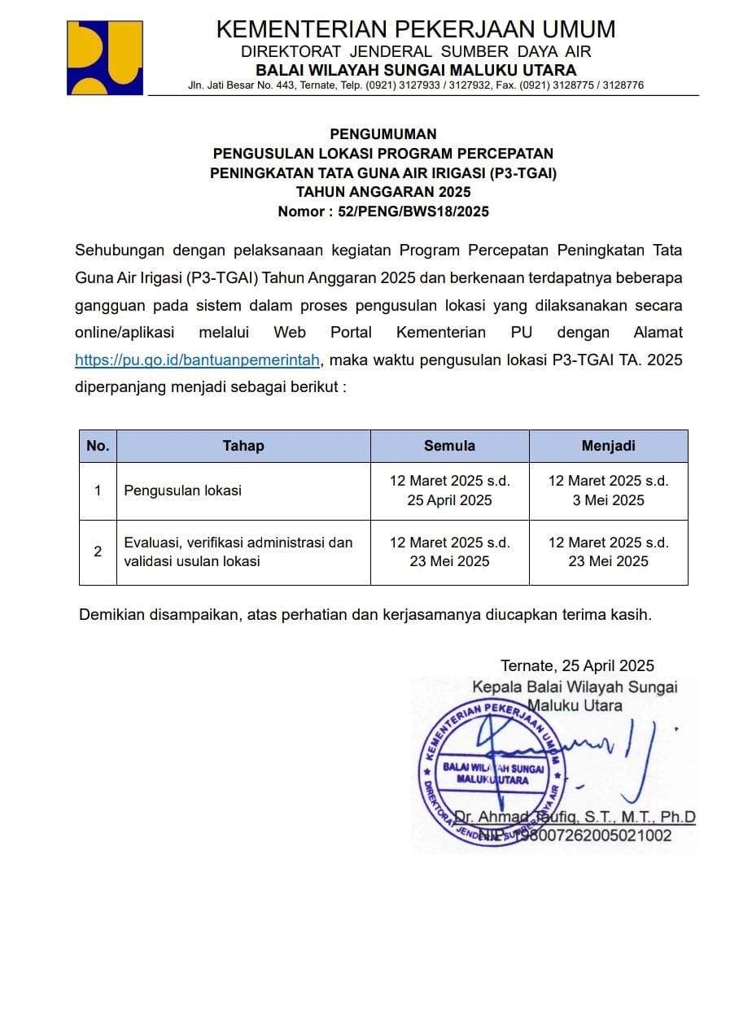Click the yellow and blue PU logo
pyautogui.click(x=104, y=57)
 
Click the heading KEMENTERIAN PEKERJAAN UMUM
pyautogui.click(x=415, y=30)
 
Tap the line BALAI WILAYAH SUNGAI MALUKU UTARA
pyautogui.click(x=415, y=70)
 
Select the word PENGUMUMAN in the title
pyautogui.click(x=383, y=134)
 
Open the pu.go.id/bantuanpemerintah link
pyautogui.click(x=197, y=360)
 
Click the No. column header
pyautogui.click(x=98, y=446)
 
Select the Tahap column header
pyautogui.click(x=243, y=446)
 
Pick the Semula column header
pyautogui.click(x=449, y=446)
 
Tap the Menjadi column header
pyautogui.click(x=608, y=446)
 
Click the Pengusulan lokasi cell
pyautogui.click(x=182, y=491)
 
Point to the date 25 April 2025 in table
pyautogui.click(x=449, y=500)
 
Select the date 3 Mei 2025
pyautogui.click(x=608, y=500)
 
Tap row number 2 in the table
pyautogui.click(x=98, y=552)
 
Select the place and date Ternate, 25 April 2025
pyautogui.click(x=577, y=666)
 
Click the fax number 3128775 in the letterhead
pyautogui.click(x=573, y=85)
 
